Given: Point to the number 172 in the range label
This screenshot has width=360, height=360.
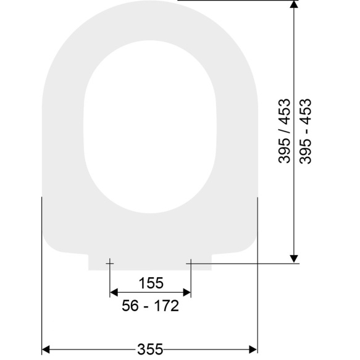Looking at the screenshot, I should pyautogui.click(x=166, y=306).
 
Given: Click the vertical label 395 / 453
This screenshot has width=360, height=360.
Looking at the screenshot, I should pyautogui.click(x=285, y=131).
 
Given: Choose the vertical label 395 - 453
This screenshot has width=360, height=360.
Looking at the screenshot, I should pyautogui.click(x=306, y=131).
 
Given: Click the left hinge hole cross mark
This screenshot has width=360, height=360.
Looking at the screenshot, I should pyautogui.click(x=109, y=264).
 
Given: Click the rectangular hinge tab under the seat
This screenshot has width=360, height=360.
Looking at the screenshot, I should pyautogui.click(x=150, y=262).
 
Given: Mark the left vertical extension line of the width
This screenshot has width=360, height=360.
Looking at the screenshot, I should pyautogui.click(x=41, y=278).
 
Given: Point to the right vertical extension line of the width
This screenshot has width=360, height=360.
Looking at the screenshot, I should pyautogui.click(x=257, y=278).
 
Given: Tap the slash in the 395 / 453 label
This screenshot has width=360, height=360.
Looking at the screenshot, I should pyautogui.click(x=285, y=131).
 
